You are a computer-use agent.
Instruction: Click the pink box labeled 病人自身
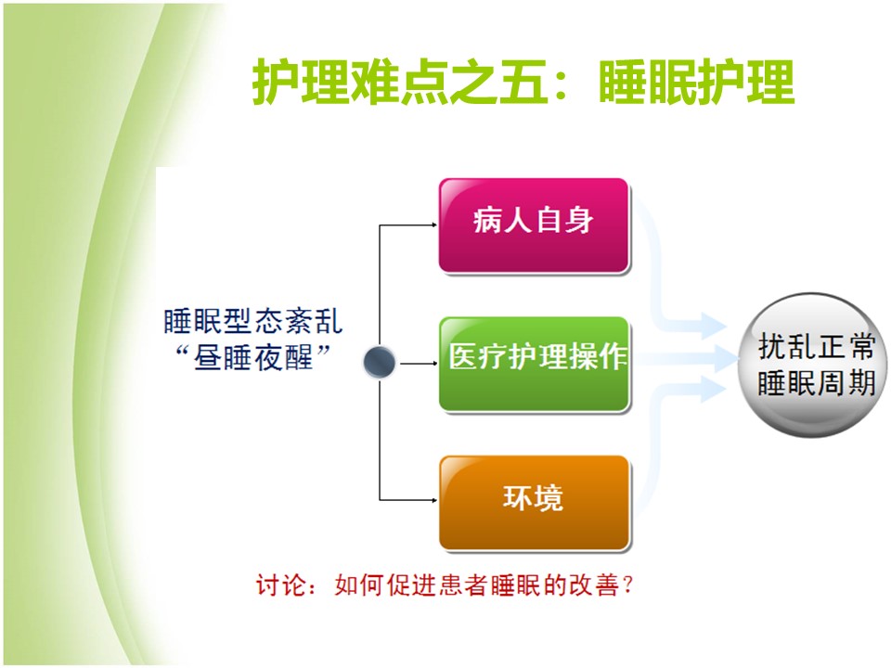(x=535, y=226)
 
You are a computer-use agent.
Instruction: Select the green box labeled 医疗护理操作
(x=535, y=364)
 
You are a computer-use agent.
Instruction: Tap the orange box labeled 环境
(x=535, y=503)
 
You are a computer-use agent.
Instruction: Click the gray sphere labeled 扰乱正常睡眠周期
(x=813, y=365)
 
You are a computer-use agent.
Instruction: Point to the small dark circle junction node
(x=379, y=362)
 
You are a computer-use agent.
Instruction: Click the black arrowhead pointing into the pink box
(x=434, y=225)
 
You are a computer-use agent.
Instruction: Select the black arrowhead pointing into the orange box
(x=434, y=500)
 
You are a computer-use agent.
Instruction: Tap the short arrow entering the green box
(x=419, y=363)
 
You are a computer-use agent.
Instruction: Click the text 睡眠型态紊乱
(x=253, y=322)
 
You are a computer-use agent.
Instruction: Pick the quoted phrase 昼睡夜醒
(x=253, y=358)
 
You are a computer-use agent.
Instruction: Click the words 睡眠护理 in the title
(x=697, y=83)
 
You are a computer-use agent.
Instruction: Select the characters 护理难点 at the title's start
(x=350, y=83)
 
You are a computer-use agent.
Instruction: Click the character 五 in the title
(x=523, y=83)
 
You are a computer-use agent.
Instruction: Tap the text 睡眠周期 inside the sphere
(x=816, y=383)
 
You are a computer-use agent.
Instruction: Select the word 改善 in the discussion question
(x=594, y=585)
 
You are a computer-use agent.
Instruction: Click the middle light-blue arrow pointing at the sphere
(x=685, y=358)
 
